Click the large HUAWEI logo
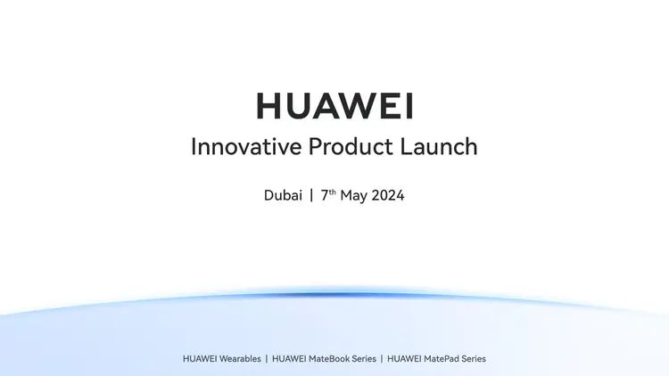[334, 106]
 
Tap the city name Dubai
[283, 196]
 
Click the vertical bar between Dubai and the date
[311, 196]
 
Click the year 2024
[386, 196]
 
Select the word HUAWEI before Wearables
[199, 359]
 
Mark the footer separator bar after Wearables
[266, 359]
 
